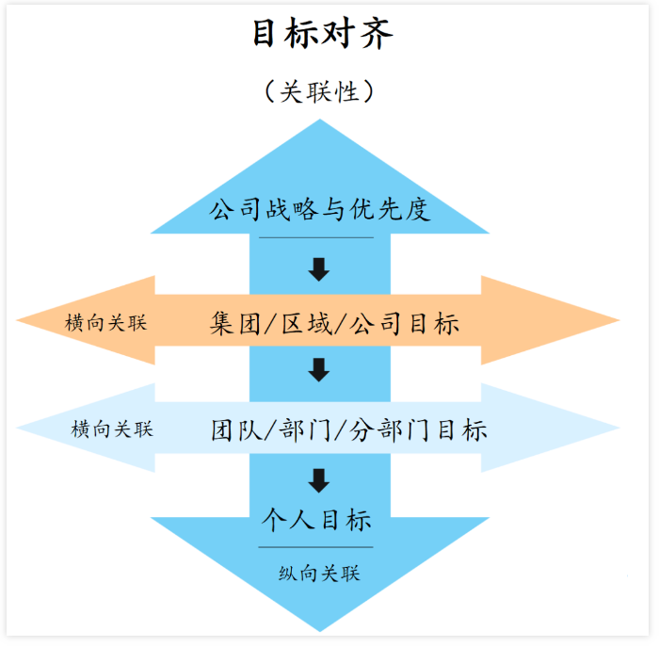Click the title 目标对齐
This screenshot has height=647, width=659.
coord(321,35)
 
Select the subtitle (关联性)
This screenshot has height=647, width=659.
coord(321,91)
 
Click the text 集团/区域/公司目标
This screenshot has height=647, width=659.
coord(334,324)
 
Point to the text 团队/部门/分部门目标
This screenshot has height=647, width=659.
coord(349,430)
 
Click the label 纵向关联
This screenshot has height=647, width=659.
coord(320,573)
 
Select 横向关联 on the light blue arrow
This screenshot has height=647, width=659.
coord(112,429)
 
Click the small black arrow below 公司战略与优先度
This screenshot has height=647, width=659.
coord(319,269)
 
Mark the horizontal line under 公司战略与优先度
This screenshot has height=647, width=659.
coord(316,237)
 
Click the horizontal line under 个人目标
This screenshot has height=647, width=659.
coord(316,546)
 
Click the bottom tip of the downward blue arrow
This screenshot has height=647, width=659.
coord(321,626)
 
